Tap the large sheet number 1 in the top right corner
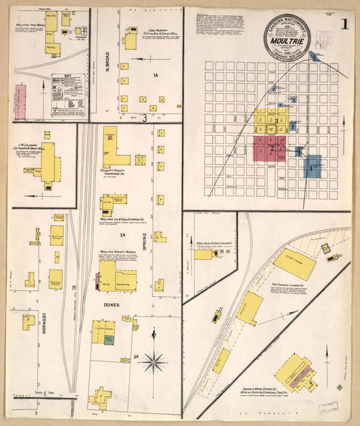coord(344,26)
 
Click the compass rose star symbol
coord(155,363)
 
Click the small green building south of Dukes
coord(109,341)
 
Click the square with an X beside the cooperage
coord(140,161)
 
